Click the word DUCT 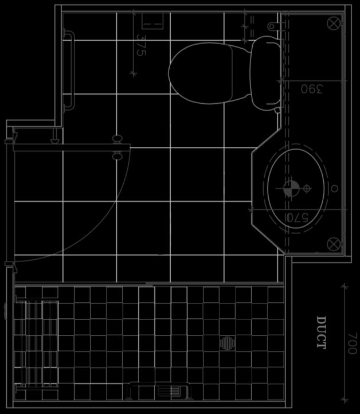coord(321,333)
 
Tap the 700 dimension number coord(352,343)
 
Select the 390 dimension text coord(312,89)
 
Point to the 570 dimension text coord(297,217)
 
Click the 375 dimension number coord(141,45)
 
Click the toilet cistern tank coord(265,73)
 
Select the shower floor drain coord(227,343)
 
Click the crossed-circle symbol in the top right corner coord(334,24)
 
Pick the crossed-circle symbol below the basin coord(334,244)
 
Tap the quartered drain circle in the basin coord(291,189)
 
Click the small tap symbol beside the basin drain coord(307,189)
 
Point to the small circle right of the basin coord(334,189)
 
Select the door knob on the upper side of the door coord(117,139)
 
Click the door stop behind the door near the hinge coord(55,136)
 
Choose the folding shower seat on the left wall coord(37,343)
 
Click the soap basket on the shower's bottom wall coord(160,390)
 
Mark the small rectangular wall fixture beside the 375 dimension coord(152,21)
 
